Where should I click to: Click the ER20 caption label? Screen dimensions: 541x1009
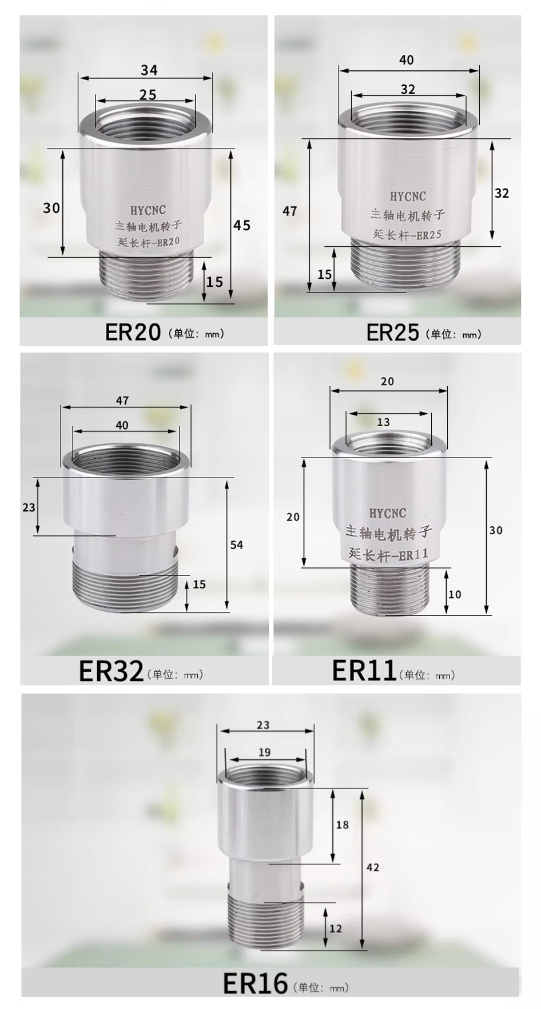[x=133, y=332]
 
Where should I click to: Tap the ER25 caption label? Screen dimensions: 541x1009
[x=393, y=332]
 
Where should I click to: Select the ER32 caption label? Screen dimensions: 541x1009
[x=111, y=671]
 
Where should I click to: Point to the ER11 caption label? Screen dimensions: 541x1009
[x=364, y=670]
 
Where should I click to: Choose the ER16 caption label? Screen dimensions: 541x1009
[x=255, y=983]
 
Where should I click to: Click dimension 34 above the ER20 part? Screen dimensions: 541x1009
[x=149, y=70]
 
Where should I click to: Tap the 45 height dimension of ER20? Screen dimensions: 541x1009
[x=242, y=226]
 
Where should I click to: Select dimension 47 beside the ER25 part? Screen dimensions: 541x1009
[x=290, y=211]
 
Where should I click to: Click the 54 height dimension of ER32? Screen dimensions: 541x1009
[x=237, y=545]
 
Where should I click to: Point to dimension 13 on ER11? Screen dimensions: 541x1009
[x=383, y=422]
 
